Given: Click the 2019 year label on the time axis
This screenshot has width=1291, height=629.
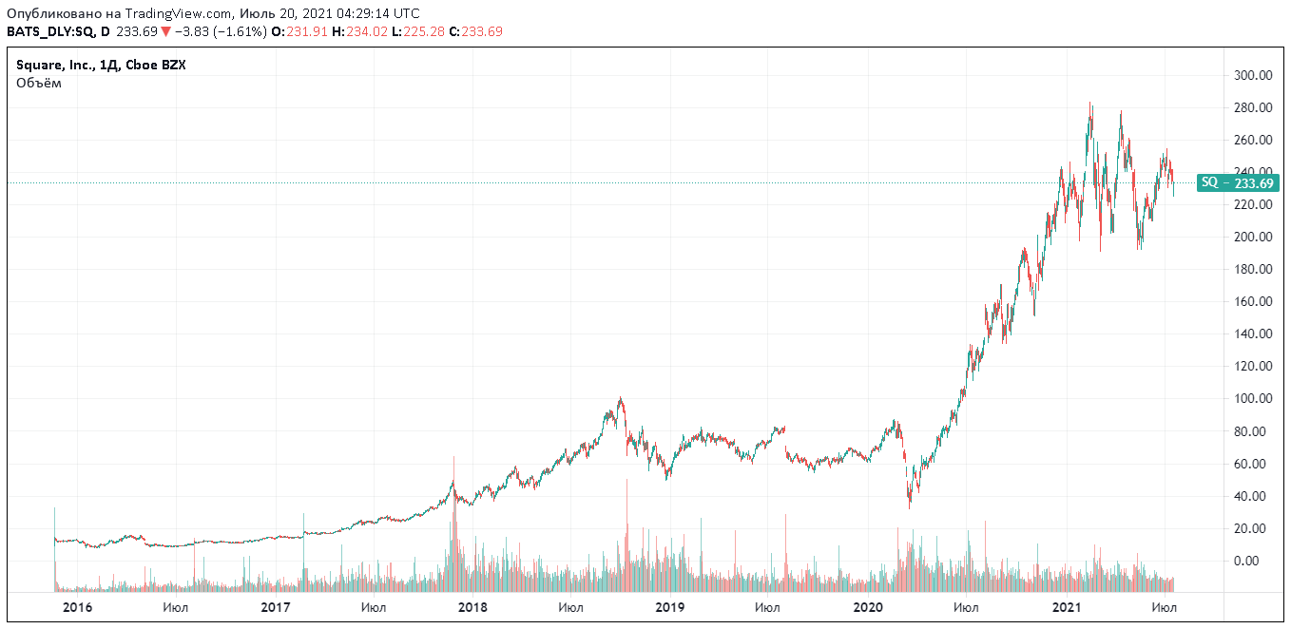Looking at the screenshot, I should (x=670, y=607).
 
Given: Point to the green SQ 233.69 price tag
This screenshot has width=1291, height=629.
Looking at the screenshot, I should (x=1238, y=182).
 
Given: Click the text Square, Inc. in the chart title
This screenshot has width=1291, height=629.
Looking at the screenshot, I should (x=56, y=66).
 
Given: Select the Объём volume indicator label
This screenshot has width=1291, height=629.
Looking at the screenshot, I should (x=39, y=83).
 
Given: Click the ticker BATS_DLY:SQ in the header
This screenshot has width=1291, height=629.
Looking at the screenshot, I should (x=51, y=31).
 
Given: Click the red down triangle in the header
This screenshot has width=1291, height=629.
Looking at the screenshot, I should (x=165, y=31).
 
